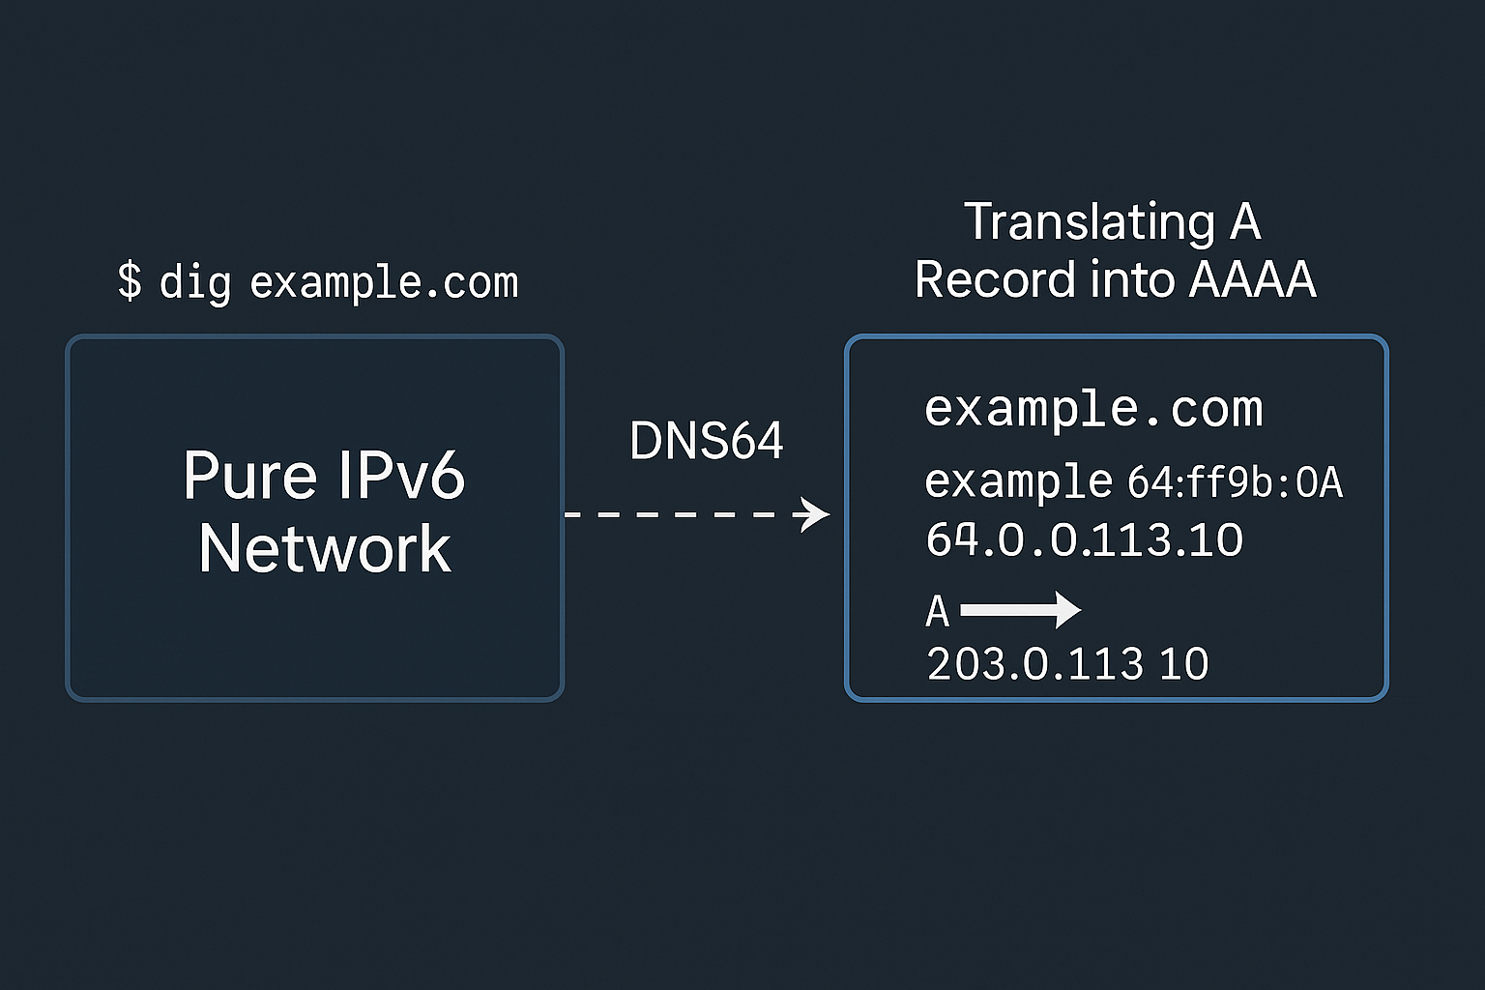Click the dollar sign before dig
coord(130,281)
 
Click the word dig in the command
coord(194,283)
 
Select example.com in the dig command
coord(384,283)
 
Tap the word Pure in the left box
coord(249,476)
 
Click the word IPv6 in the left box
coord(400,476)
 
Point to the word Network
coord(325,549)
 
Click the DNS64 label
coord(706,441)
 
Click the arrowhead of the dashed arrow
coord(814,513)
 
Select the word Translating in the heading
coord(1090,222)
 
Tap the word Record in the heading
coord(995,279)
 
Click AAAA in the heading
coord(1252,279)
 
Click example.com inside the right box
coord(1093,409)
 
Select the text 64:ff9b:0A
coord(1235,482)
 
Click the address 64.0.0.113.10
coord(1084,539)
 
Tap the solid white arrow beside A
coord(1020,610)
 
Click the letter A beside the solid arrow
coord(937,612)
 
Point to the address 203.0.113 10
coord(1067,664)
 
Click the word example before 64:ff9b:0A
coord(1018,482)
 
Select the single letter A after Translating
coord(1245,222)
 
